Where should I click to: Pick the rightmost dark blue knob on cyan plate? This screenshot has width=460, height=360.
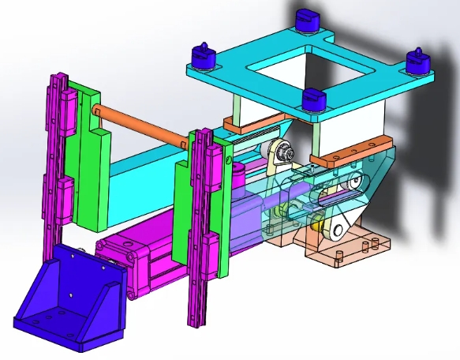coord(416,60)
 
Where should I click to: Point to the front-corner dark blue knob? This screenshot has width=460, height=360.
coord(315,99)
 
